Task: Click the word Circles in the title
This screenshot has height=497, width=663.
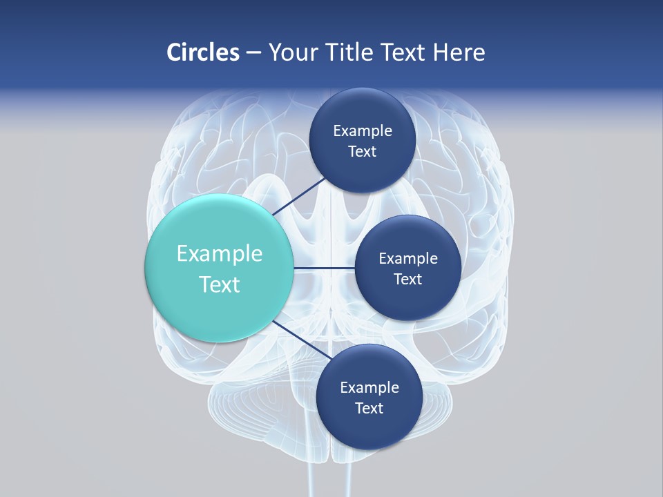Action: coord(203,52)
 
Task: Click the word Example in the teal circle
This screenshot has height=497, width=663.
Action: coord(220,254)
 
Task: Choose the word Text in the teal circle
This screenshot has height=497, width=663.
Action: coord(220,284)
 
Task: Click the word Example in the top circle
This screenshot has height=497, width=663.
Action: coord(363,131)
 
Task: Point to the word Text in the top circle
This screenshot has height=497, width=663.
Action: coord(363,152)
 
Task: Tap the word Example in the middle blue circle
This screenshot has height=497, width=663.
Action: coord(408,259)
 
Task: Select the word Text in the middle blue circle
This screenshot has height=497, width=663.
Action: coord(408,280)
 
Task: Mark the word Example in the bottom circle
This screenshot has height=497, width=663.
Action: coord(369,388)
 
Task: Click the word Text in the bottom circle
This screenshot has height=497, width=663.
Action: coord(369,409)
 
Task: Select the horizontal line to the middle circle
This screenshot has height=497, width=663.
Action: coord(325,268)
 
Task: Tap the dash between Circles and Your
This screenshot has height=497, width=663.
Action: coord(253,53)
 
